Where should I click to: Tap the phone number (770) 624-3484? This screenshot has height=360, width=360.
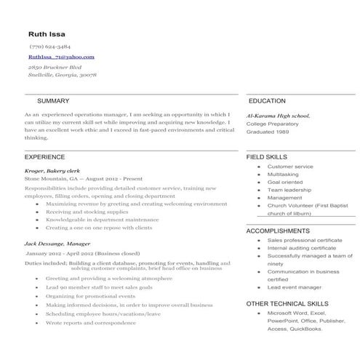pos(50,46)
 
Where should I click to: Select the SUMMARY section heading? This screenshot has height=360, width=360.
pos(53,100)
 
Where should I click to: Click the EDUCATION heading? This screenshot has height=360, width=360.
pos(266,100)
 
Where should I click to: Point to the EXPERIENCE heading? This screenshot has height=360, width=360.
pos(45,156)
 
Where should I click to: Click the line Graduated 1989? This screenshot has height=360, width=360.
pos(268,132)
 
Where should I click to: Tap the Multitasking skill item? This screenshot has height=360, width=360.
pos(283,175)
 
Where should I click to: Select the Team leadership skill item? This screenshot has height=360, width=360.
pos(289,190)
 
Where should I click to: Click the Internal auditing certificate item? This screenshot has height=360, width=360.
pos(301,248)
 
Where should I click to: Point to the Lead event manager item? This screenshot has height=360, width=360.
pos(294,287)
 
